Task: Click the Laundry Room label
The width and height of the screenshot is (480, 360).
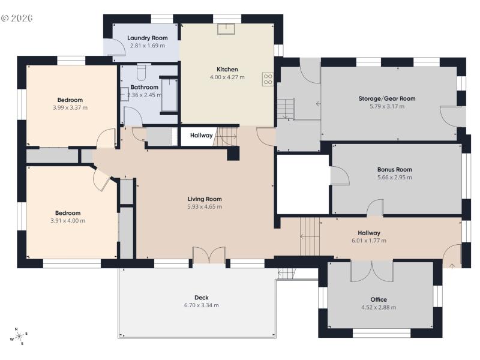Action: click(147, 38)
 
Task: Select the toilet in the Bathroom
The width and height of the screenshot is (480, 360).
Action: click(141, 73)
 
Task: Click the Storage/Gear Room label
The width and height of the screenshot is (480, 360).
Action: click(387, 98)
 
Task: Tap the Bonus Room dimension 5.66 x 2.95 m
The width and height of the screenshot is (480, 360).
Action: click(394, 178)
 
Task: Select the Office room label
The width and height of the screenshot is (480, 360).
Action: click(379, 299)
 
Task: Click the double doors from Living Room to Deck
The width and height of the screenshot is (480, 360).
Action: click(209, 255)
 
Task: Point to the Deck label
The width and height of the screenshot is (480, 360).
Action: click(201, 297)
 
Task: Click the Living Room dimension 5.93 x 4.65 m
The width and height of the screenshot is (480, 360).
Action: click(205, 207)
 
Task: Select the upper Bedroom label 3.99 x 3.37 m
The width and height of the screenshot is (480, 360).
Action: click(70, 108)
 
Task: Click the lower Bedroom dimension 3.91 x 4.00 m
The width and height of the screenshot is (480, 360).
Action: click(67, 221)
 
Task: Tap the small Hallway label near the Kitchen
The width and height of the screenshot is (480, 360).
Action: click(201, 136)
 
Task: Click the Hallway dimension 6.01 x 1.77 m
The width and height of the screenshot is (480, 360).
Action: click(369, 241)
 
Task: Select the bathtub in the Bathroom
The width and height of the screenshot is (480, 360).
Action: click(169, 94)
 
